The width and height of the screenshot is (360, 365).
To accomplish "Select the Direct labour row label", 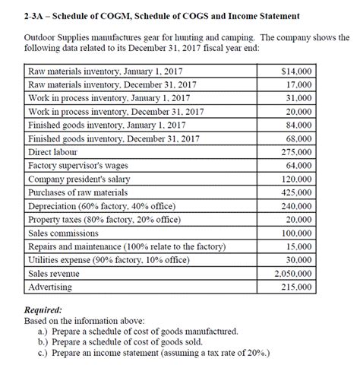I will pyautogui.click(x=55, y=152).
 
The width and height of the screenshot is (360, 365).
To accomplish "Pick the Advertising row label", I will pyautogui.click(x=50, y=287).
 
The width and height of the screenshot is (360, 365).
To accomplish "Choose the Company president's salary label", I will pyautogui.click(x=78, y=179).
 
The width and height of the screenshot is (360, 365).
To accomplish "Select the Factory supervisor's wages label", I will pyautogui.click(x=76, y=166).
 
